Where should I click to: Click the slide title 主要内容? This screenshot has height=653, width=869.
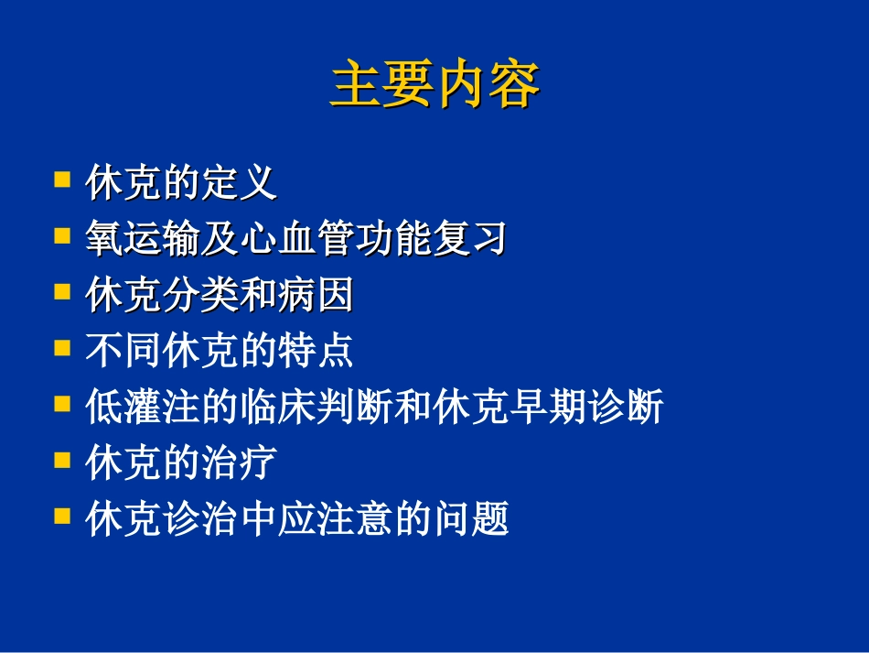click(434, 86)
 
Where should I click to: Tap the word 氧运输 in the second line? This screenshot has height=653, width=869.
click(148, 240)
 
